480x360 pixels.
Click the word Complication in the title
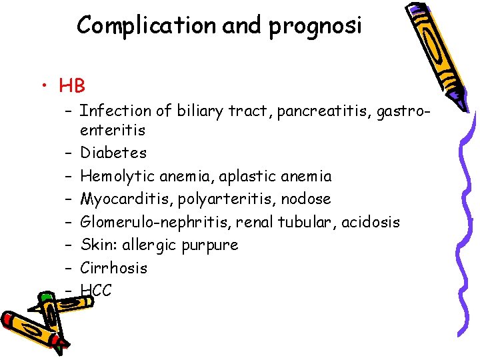pos(146,25)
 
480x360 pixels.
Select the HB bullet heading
pos(72,85)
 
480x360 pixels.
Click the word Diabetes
pos(113,153)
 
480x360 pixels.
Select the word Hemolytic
pos(114,176)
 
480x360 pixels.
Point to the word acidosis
pos(371,222)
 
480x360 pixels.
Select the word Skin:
pos(97,245)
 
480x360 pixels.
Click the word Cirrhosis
pos(114,268)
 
